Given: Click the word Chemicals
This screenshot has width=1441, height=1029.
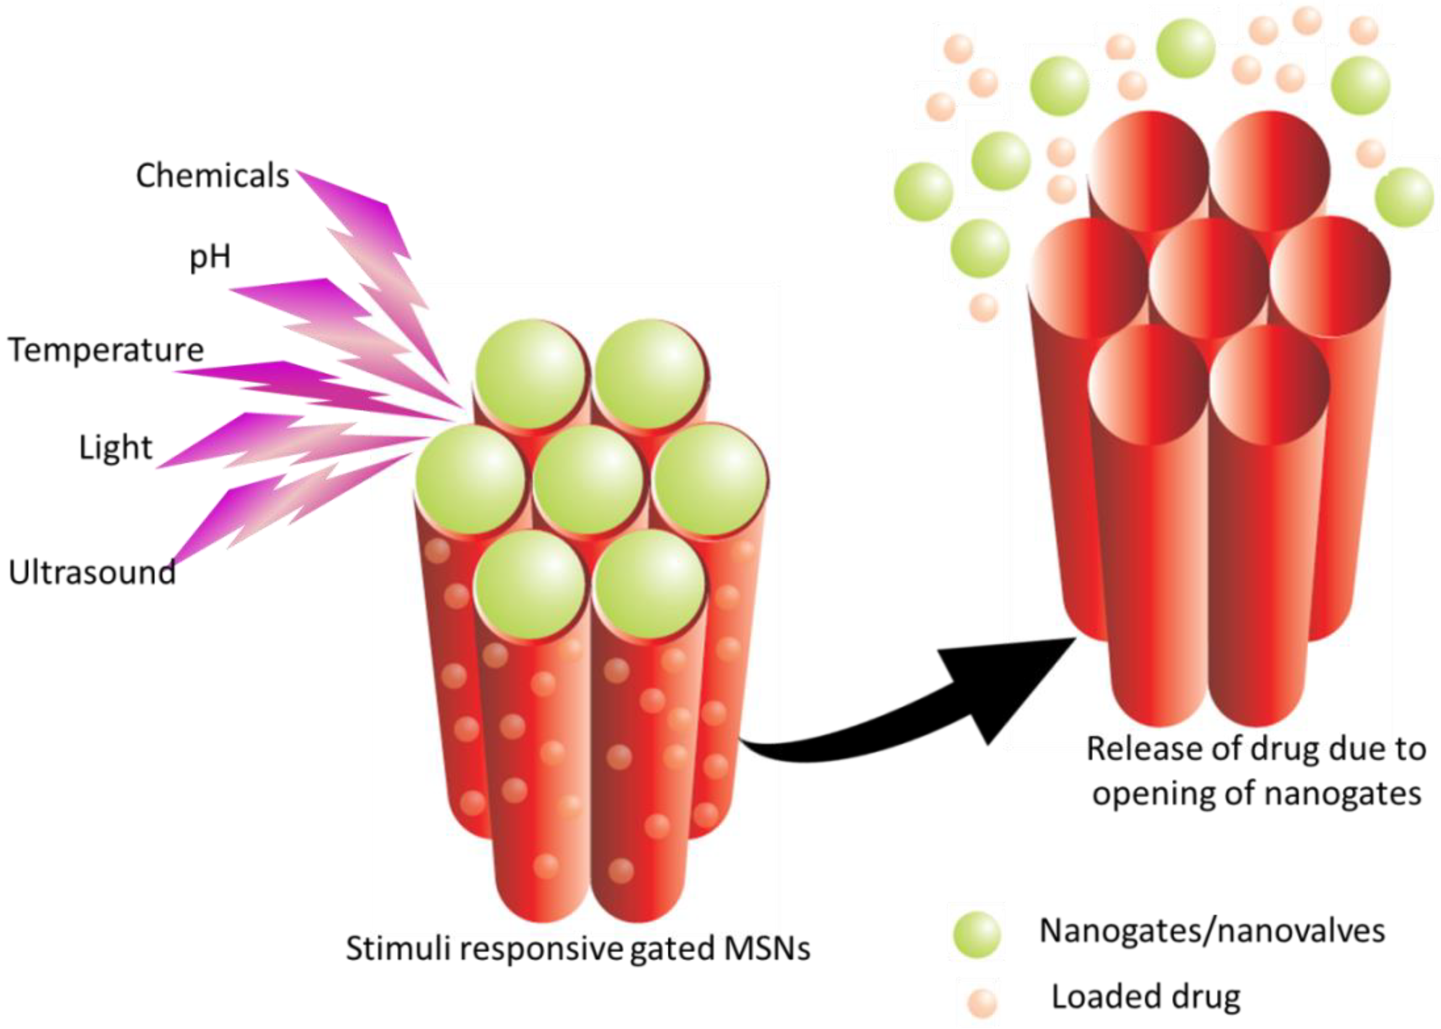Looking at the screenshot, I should pyautogui.click(x=212, y=176).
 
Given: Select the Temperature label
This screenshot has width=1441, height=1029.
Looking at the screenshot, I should pyautogui.click(x=106, y=350).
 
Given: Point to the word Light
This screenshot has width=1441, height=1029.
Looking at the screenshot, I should pyautogui.click(x=115, y=447).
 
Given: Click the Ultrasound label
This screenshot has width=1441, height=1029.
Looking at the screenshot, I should pyautogui.click(x=92, y=572).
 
